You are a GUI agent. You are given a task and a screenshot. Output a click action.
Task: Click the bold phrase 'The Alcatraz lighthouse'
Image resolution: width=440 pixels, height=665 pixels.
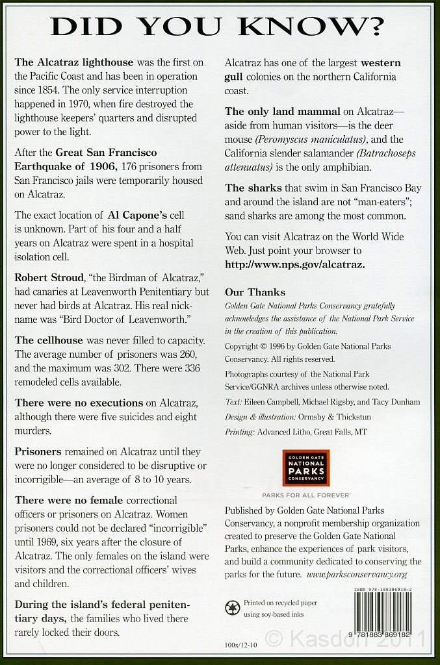(73, 62)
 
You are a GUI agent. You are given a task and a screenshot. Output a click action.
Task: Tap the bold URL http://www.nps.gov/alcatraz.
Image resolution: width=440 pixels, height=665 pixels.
(294, 264)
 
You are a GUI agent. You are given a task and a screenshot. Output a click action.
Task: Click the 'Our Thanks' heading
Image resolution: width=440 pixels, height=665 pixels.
(255, 292)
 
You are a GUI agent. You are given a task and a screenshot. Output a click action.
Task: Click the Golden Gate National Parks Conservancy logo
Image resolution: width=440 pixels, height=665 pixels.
(305, 467)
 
